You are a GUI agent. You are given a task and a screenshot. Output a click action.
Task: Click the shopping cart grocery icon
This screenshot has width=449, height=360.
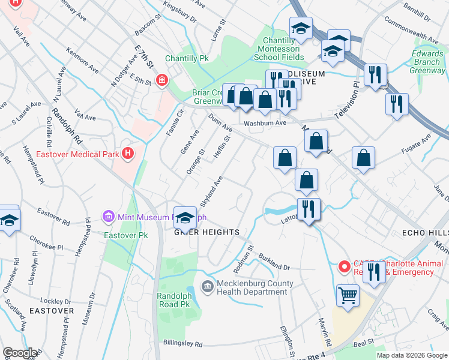click(347, 295)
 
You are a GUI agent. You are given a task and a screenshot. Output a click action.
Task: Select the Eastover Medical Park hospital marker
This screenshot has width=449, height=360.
click(127, 154)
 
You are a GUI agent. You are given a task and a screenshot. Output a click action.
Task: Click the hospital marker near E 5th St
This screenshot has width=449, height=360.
click(161, 80)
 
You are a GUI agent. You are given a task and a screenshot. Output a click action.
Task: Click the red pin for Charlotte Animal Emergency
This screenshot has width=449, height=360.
click(344, 265)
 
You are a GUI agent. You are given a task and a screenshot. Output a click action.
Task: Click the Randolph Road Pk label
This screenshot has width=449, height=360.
click(177, 301)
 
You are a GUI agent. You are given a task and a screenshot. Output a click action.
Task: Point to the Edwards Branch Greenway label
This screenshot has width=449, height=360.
click(427, 62)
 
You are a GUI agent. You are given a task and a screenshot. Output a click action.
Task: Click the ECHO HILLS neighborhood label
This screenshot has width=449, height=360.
click(424, 232)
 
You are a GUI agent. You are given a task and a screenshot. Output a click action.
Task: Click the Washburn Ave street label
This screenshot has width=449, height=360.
click(265, 123)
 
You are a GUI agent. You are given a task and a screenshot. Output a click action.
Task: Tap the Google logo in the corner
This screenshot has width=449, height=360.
click(20, 353)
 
